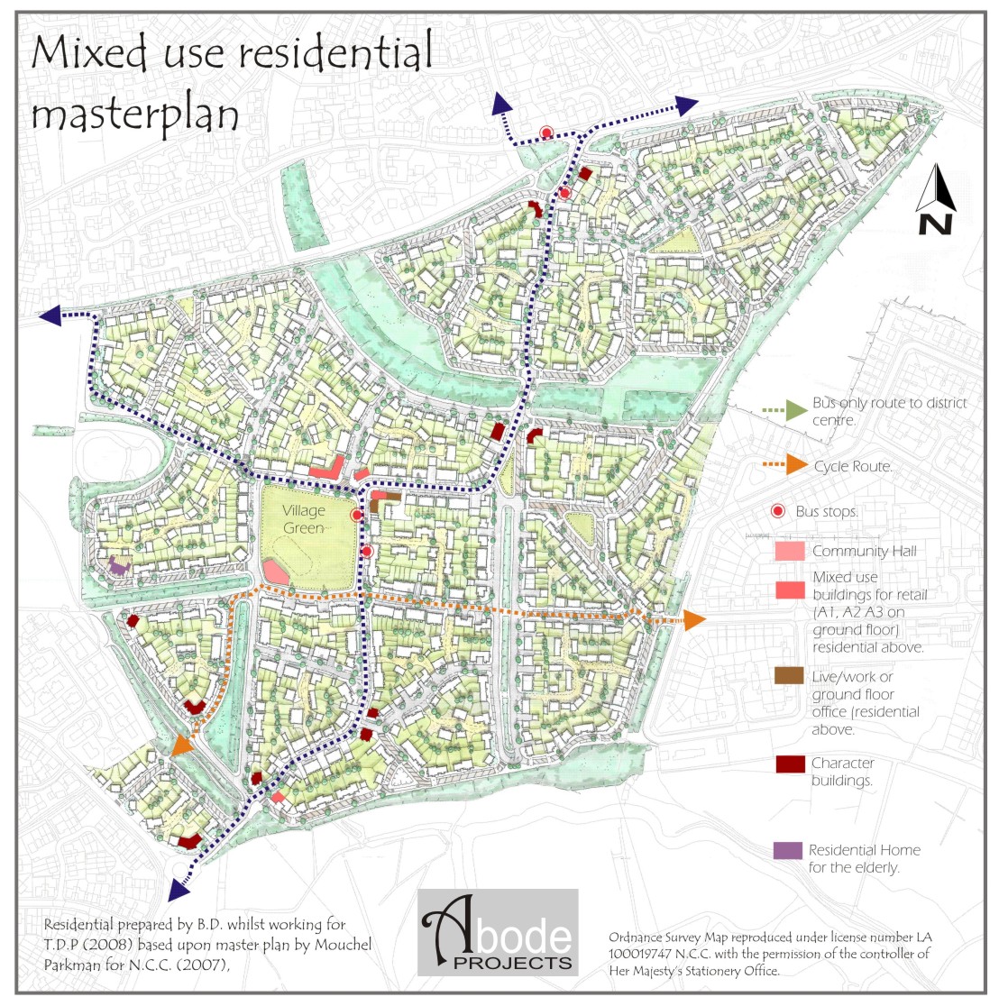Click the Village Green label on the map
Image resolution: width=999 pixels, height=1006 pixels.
coord(303,519)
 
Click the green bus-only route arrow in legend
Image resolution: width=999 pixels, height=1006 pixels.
coord(795,410)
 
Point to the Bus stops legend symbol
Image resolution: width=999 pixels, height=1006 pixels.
coord(778,512)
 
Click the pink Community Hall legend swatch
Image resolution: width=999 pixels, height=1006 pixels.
coord(789,551)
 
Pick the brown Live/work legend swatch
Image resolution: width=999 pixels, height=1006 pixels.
coord(789,676)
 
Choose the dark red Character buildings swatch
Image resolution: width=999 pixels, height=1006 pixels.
coord(790,764)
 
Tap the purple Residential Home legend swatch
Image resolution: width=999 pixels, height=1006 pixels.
coord(788,850)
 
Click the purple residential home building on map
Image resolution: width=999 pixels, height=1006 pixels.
coord(117,566)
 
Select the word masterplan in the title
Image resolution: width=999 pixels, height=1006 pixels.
coord(135,116)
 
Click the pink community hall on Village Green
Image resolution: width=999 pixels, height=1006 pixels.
coord(275,570)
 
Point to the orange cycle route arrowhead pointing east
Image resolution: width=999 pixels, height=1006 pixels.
coord(694,619)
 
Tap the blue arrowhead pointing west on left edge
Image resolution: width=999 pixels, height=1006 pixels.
coord(50,316)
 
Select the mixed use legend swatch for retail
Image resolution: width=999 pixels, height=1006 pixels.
coord(789,590)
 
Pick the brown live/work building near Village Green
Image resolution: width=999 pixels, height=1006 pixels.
coord(373,507)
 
